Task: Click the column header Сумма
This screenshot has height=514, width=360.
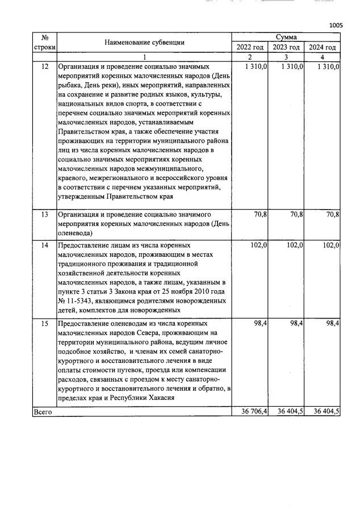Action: pyautogui.click(x=286, y=37)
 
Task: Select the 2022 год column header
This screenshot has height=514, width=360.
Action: pyautogui.click(x=250, y=47)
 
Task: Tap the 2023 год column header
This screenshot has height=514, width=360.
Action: pyautogui.click(x=286, y=47)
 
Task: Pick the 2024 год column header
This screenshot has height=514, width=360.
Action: pyautogui.click(x=322, y=47)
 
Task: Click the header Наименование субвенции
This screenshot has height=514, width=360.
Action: pyautogui.click(x=144, y=42)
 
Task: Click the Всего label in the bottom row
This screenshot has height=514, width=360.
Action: pyautogui.click(x=43, y=412)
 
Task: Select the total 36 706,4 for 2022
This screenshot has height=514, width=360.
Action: pyautogui.click(x=250, y=412)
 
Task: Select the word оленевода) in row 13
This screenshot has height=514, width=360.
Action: pyautogui.click(x=76, y=232)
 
